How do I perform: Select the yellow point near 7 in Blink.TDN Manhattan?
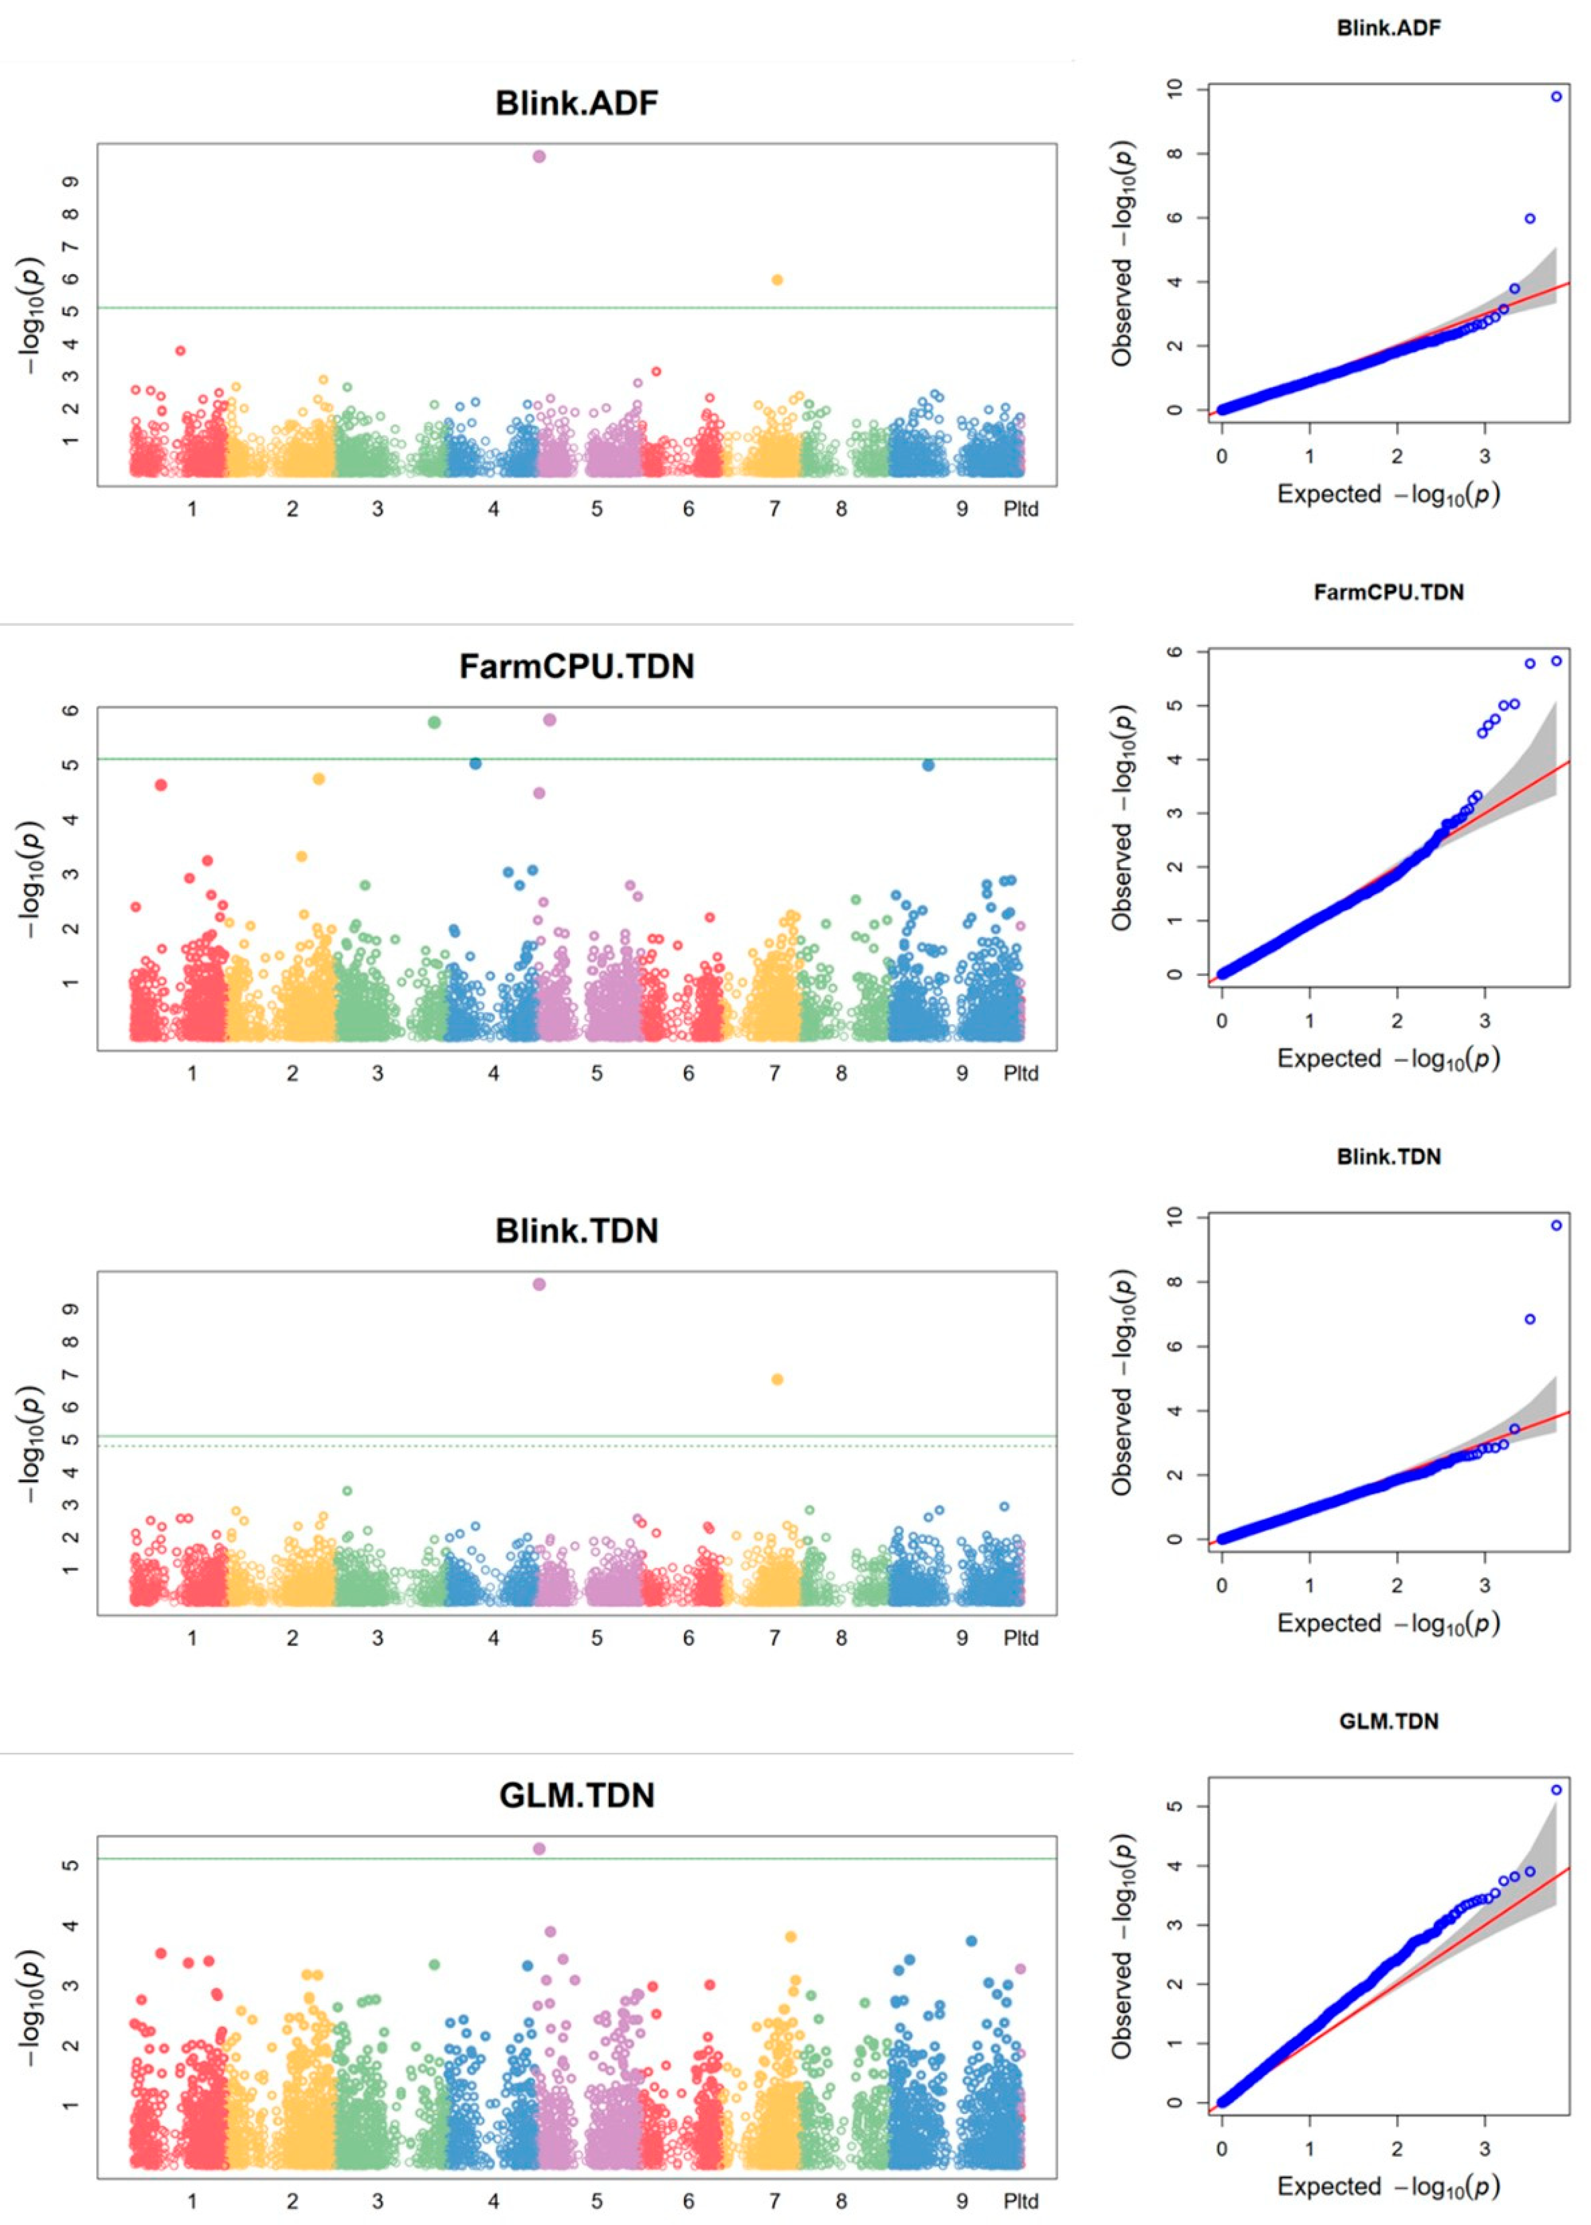777,1379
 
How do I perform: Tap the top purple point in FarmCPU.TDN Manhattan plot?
549,720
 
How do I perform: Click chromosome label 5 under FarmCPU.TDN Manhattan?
597,1074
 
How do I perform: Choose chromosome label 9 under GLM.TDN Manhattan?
962,2202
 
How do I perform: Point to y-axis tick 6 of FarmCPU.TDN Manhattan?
70,710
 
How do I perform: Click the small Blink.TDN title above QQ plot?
1388,1156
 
